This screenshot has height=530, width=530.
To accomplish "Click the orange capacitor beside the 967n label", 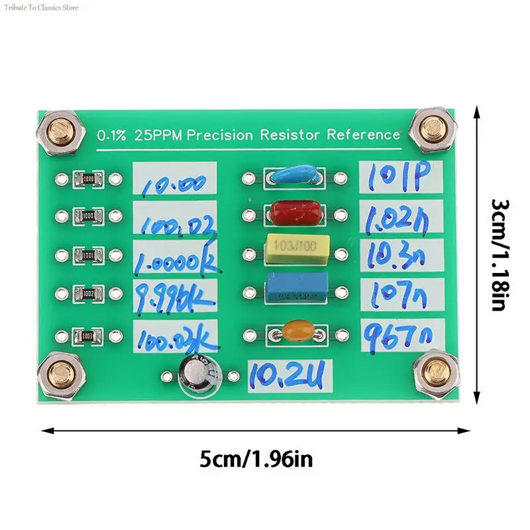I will [293, 331].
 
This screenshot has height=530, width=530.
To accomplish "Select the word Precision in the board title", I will [220, 136].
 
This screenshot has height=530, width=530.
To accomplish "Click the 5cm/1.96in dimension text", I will [256, 458].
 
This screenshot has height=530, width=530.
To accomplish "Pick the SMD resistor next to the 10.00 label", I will [88, 178].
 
